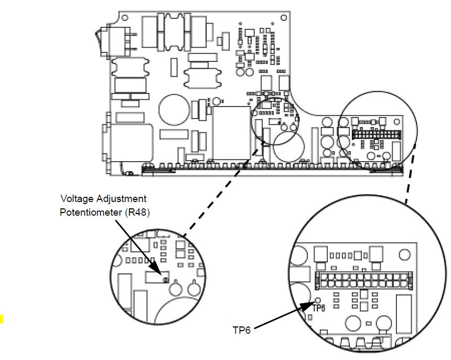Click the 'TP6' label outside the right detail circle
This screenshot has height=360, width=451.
point(242,330)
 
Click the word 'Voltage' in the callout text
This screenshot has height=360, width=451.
point(74,199)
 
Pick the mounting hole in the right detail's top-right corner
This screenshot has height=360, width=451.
point(404,256)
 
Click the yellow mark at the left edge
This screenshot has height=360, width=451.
point(2,317)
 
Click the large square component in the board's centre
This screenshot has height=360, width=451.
point(231,133)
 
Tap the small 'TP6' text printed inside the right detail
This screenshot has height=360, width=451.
point(319,309)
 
